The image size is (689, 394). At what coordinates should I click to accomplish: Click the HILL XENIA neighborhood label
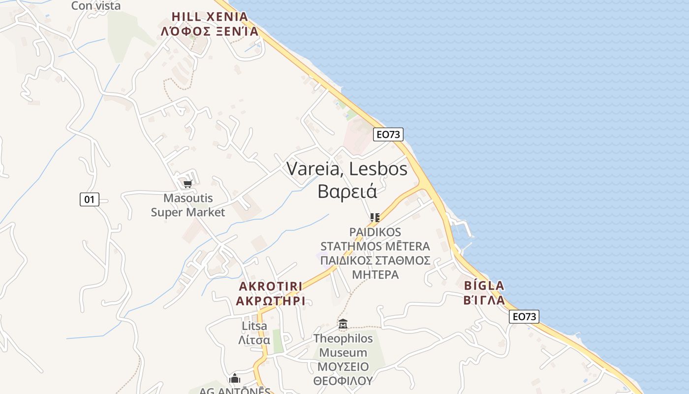pyautogui.click(x=210, y=16)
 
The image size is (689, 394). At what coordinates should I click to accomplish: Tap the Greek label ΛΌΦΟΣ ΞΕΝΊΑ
pyautogui.click(x=210, y=32)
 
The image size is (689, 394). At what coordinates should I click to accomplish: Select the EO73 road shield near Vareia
pyautogui.click(x=388, y=134)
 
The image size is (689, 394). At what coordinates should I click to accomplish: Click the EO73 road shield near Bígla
pyautogui.click(x=524, y=317)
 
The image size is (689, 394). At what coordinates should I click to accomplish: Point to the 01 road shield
pyautogui.click(x=89, y=199)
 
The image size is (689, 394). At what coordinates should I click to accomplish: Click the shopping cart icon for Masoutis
pyautogui.click(x=187, y=184)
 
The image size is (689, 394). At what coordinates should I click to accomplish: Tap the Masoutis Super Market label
pyautogui.click(x=188, y=205)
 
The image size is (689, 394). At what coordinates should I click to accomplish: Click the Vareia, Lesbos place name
pyautogui.click(x=347, y=169)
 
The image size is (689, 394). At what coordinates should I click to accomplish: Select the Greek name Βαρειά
pyautogui.click(x=347, y=191)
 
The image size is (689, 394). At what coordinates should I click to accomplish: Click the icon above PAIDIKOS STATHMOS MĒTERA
pyautogui.click(x=375, y=217)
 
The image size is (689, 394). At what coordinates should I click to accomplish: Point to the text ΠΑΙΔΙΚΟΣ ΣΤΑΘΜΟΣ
pyautogui.click(x=375, y=261)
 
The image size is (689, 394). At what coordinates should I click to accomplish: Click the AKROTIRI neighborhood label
pyautogui.click(x=270, y=287)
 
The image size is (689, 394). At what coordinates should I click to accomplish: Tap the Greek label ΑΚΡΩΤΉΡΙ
pyautogui.click(x=270, y=301)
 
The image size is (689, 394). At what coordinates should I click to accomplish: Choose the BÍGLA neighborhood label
pyautogui.click(x=484, y=286)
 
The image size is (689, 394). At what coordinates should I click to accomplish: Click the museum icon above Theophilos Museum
pyautogui.click(x=343, y=324)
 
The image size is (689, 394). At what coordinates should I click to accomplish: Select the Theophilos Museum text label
pyautogui.click(x=343, y=346)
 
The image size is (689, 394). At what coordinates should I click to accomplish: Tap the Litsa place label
pyautogui.click(x=254, y=326)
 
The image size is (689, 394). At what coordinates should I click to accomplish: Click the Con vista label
pyautogui.click(x=96, y=6)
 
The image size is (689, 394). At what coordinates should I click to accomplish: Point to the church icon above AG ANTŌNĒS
pyautogui.click(x=235, y=378)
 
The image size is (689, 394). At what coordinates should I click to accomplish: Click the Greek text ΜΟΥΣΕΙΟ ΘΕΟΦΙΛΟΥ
pyautogui.click(x=343, y=374)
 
